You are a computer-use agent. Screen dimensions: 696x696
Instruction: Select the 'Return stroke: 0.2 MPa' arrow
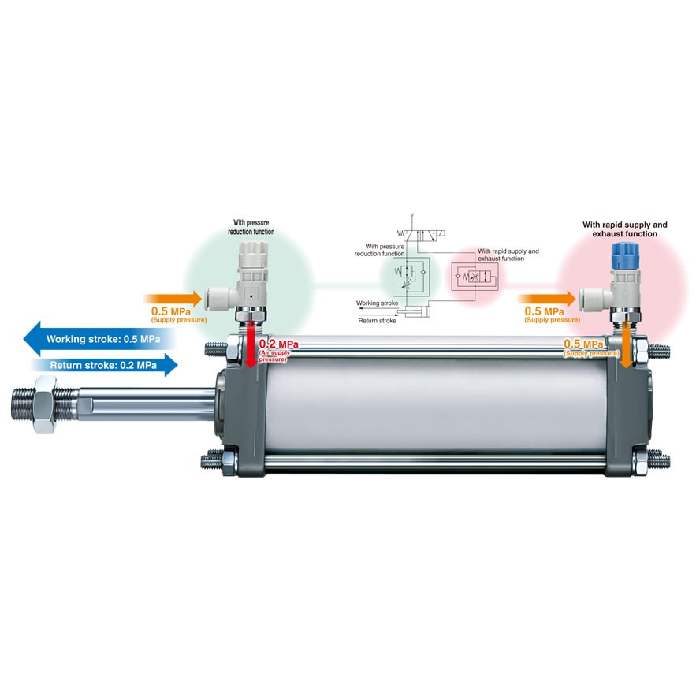[x=102, y=365]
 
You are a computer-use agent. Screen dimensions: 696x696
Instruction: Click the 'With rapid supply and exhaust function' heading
[x=624, y=229]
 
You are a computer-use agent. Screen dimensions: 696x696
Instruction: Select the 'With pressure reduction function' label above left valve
[x=252, y=227]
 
